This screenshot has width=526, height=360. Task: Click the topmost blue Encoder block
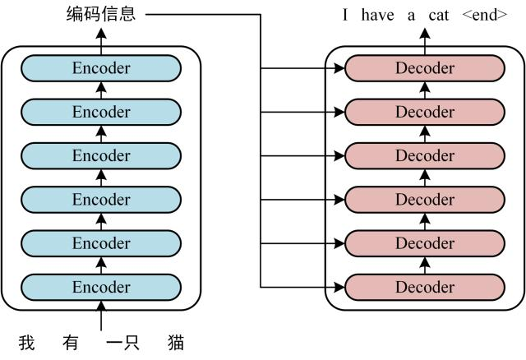pos(101,68)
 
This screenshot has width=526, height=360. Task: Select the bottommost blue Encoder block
pos(101,287)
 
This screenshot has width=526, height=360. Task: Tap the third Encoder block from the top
pos(101,155)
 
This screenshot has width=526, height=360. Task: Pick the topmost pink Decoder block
pos(425,68)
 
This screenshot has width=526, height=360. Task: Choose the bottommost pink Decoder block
pos(425,287)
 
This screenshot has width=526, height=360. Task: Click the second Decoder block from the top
pos(425,112)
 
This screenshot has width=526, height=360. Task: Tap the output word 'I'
pos(346,15)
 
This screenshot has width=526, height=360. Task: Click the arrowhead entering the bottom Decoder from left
pos(339,287)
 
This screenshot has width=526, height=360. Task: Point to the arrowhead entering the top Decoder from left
pos(339,68)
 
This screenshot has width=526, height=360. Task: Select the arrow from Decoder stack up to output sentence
pos(425,36)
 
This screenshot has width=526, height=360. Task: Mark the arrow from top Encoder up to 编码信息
pos(101,36)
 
